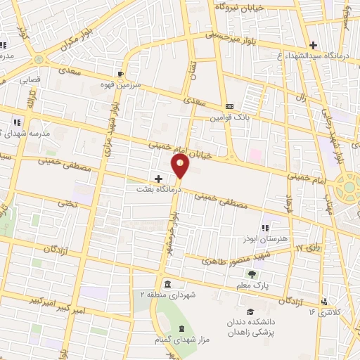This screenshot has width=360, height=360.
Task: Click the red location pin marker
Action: tap(181, 166)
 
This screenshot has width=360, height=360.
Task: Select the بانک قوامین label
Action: tap(228, 117)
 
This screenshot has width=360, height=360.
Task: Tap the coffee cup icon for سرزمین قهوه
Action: tap(121, 73)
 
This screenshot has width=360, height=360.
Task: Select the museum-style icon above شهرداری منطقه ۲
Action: tap(167, 283)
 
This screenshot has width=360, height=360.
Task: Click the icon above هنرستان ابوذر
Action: tap(264, 228)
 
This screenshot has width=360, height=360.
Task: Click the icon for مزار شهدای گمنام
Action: tap(181, 329)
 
